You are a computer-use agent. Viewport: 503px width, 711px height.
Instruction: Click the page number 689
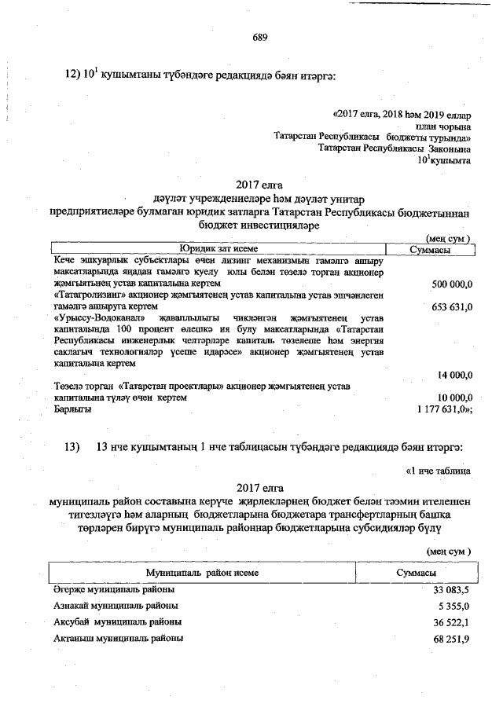[262, 37]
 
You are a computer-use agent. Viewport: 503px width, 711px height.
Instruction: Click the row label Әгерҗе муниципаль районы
[114, 589]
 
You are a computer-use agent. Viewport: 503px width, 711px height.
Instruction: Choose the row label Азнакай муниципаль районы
[115, 606]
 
